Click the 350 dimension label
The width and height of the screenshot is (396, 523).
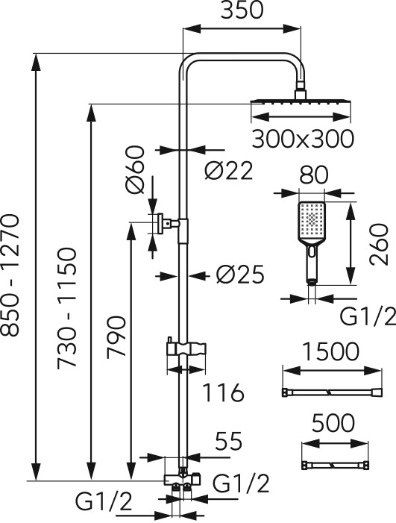[x=242, y=10]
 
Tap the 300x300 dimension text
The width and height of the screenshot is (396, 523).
[x=302, y=139]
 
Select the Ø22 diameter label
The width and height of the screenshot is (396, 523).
[x=229, y=171]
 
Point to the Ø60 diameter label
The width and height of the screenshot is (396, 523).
[x=136, y=170]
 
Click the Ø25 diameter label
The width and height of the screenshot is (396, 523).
[x=240, y=275]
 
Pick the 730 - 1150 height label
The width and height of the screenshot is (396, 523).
[x=67, y=308]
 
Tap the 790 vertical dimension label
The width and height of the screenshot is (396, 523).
[x=116, y=337]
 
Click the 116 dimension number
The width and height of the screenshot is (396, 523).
[x=223, y=392]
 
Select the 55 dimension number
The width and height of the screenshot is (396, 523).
[x=228, y=441]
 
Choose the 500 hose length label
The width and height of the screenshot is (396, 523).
[x=333, y=422]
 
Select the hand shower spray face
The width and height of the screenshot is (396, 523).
[x=311, y=220]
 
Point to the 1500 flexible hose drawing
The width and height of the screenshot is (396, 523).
[x=332, y=392]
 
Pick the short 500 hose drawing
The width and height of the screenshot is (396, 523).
[x=335, y=465]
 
